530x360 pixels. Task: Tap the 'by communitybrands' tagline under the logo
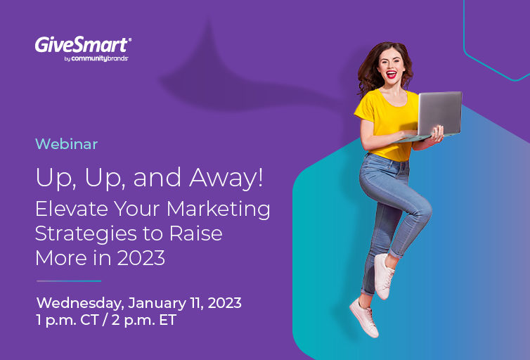point(96,58)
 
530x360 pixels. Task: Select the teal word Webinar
point(67,144)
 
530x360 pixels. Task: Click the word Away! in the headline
point(226,178)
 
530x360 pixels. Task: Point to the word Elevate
point(71,209)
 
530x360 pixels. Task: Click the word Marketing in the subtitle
point(219,210)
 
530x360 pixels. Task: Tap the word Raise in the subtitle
point(195,233)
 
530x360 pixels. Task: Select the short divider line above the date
point(69,281)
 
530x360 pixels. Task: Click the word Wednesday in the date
point(80,303)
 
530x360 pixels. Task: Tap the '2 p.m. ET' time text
point(144,321)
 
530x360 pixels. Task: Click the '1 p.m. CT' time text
point(67,321)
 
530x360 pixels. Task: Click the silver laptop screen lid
point(439,114)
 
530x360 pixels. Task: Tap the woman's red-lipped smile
point(391,74)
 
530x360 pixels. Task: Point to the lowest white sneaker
point(363,318)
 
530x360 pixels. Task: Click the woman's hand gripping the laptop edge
point(438,134)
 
